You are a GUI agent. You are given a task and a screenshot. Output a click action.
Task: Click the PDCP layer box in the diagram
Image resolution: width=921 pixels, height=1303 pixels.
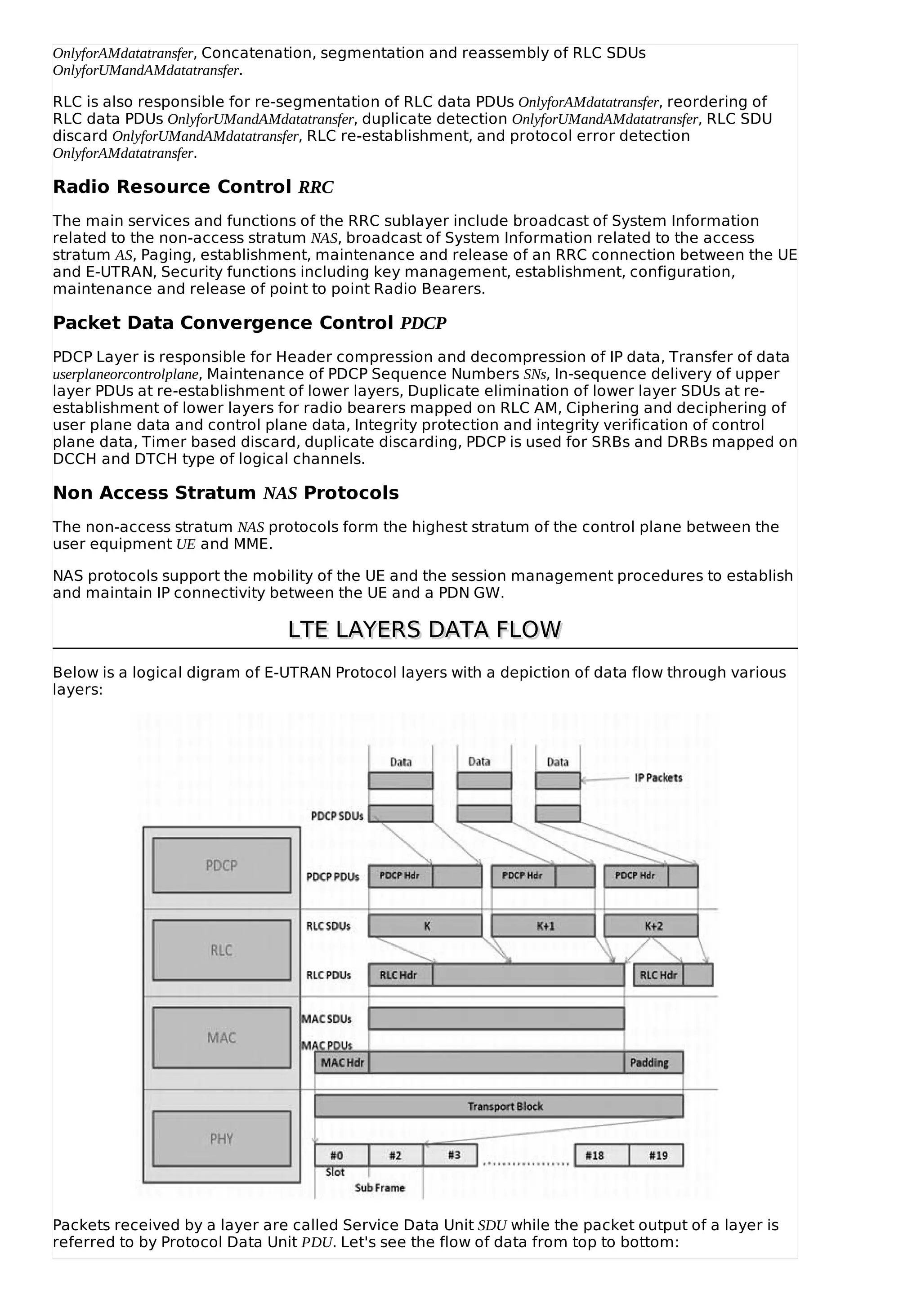(221, 865)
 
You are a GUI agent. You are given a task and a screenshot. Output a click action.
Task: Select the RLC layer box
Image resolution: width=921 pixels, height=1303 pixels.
(221, 950)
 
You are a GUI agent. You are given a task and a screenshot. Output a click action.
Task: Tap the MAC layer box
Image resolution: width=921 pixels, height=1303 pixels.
(221, 1037)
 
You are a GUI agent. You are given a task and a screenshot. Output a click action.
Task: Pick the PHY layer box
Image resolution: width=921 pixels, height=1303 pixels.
(221, 1138)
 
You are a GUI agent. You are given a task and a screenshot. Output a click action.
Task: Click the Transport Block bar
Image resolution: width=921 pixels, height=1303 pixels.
(499, 1106)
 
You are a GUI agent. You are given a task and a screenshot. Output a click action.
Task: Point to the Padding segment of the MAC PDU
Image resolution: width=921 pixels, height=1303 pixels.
(653, 1062)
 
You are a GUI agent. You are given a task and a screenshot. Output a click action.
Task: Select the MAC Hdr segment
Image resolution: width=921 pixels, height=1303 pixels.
(342, 1062)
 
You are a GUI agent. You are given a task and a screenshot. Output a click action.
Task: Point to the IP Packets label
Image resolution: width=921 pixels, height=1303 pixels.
(658, 777)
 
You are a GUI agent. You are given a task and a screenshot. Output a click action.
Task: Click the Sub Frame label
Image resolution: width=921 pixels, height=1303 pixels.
(380, 1187)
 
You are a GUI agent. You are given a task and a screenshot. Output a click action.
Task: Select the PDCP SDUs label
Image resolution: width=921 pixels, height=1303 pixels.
(337, 816)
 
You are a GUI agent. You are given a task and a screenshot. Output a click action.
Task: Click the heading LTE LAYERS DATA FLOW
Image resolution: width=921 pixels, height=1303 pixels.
(425, 630)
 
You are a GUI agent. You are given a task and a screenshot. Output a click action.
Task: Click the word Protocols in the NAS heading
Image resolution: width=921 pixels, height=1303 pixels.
(351, 493)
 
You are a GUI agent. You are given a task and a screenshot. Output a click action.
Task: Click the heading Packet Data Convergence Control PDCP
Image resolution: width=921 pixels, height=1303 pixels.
(249, 323)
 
